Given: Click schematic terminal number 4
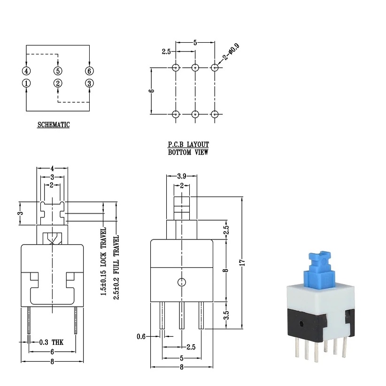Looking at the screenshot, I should click(x=26, y=71).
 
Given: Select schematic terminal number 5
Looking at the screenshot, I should click(x=58, y=71).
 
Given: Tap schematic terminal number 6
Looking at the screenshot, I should click(x=89, y=71).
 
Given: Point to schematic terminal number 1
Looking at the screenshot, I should click(x=26, y=83).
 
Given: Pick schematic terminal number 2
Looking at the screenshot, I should click(x=58, y=83).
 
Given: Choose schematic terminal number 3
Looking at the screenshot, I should click(x=89, y=83).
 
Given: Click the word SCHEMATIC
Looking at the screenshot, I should click(x=54, y=125).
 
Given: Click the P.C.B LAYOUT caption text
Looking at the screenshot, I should click(x=188, y=145).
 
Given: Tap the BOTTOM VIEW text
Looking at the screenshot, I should click(x=188, y=152).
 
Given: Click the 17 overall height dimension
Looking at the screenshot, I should click(x=242, y=263).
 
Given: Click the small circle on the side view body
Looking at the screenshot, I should click(x=182, y=282).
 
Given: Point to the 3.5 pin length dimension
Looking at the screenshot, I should click(x=226, y=315).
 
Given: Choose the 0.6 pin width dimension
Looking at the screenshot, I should click(x=141, y=336).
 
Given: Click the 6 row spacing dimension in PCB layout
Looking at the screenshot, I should click(x=152, y=91).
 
